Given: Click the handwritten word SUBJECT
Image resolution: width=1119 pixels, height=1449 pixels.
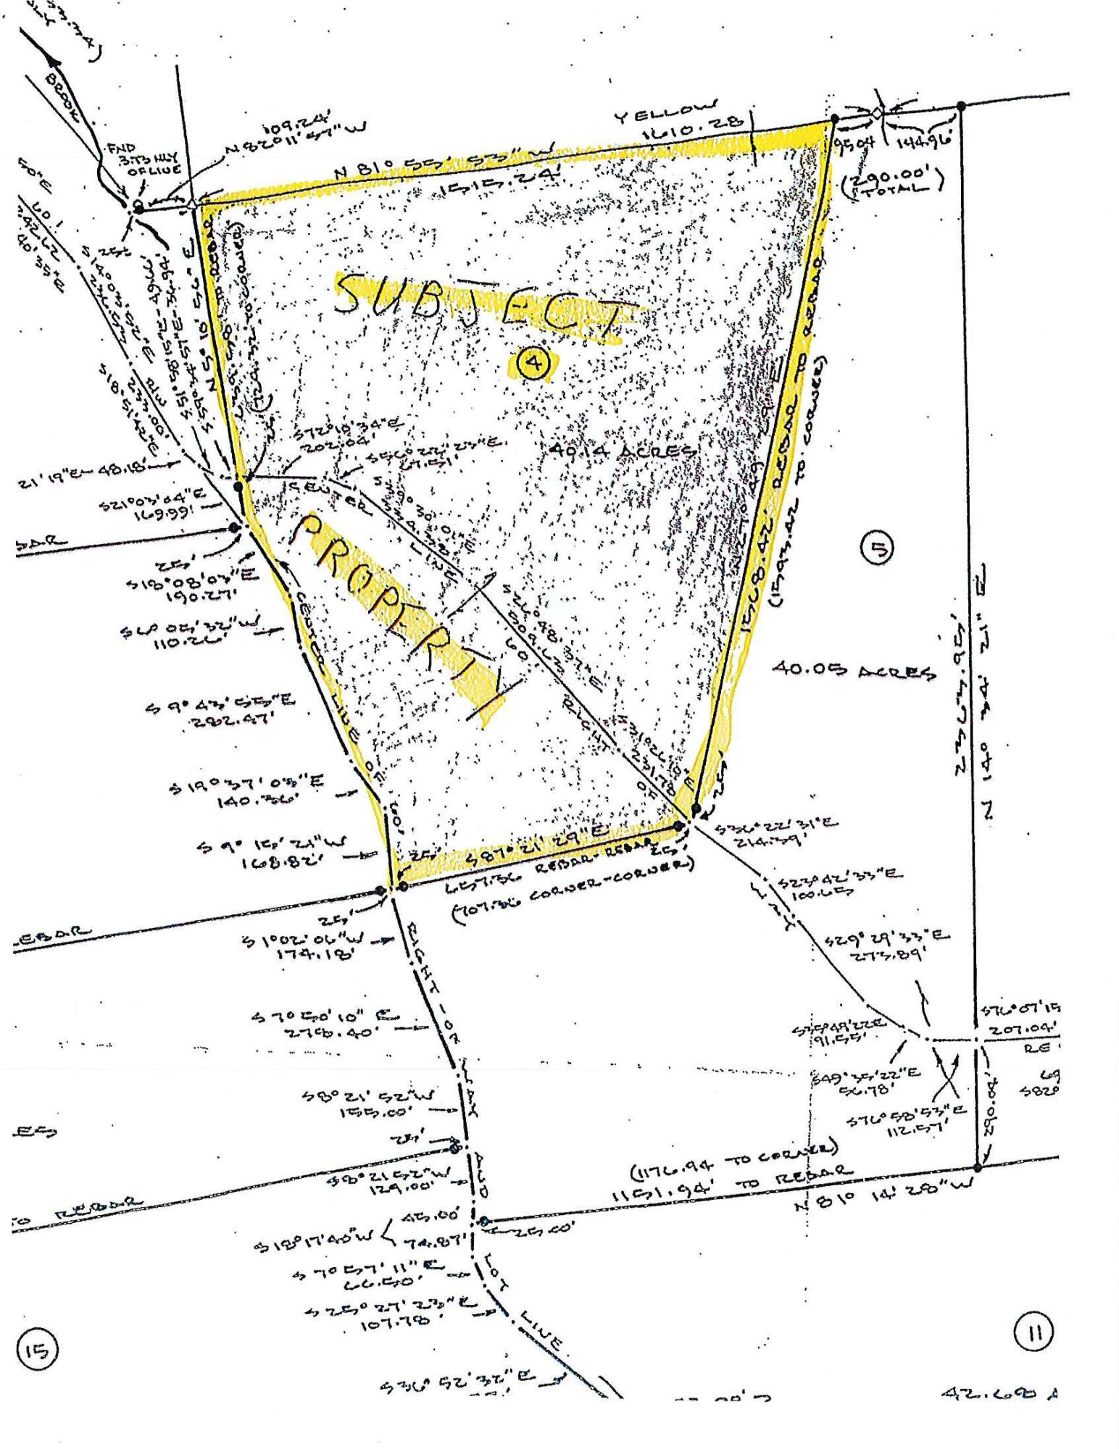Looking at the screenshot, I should click(478, 304).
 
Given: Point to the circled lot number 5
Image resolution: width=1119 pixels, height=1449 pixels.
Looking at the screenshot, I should click(876, 548).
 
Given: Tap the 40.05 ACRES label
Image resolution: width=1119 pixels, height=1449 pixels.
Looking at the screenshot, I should click(853, 670).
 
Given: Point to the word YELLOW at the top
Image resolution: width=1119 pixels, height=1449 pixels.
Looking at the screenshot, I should click(665, 113).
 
